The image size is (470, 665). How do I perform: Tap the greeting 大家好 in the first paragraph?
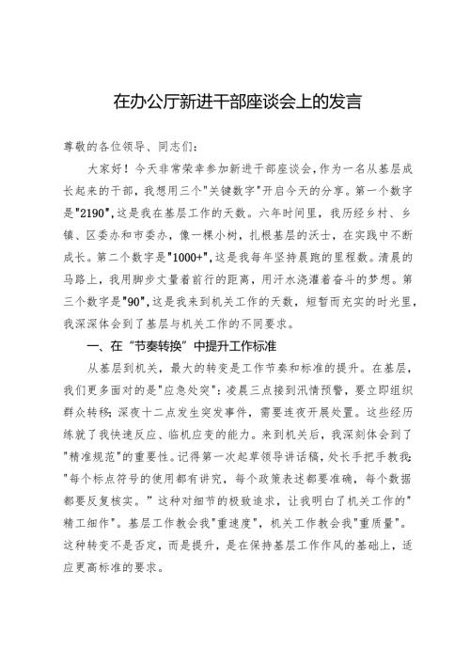tap(103, 170)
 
